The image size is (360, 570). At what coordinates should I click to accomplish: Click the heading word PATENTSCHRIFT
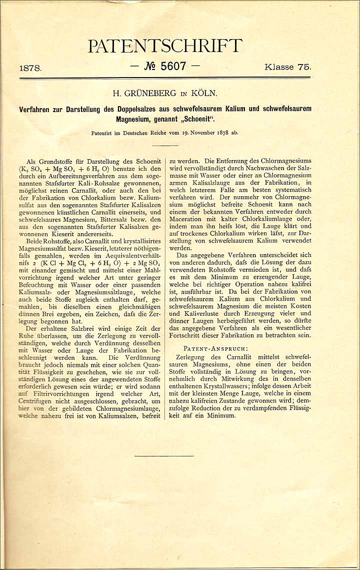(x=165, y=47)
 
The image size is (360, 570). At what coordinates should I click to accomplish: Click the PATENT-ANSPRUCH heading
(x=215, y=348)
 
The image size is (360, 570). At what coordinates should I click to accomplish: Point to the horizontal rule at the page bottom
(x=163, y=455)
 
